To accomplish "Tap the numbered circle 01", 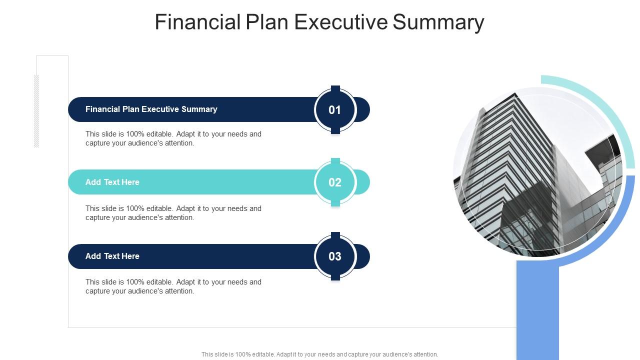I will click(335, 110).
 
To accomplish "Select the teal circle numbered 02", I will click(335, 182).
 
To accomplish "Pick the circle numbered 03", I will click(335, 256).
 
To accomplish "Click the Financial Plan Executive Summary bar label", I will click(151, 109).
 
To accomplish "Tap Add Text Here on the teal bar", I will click(112, 182).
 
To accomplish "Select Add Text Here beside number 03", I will click(112, 256).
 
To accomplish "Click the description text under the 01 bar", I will click(173, 138).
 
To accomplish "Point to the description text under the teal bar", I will click(173, 213).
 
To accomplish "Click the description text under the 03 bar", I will click(173, 286).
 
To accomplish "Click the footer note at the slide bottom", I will click(319, 354).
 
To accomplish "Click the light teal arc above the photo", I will click(600, 105).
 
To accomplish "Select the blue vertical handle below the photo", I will click(537, 310).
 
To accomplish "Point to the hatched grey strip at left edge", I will click(36, 111).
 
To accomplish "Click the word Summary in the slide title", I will click(439, 22).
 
